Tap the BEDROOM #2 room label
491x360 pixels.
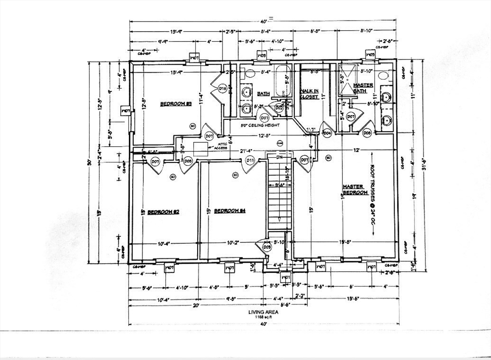tap(163, 212)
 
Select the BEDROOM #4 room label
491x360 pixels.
tap(230, 211)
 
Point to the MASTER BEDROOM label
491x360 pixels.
tap(355, 189)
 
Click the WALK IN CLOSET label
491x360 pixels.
tap(309, 93)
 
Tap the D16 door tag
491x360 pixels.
tap(222, 89)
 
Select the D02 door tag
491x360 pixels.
tap(279, 108)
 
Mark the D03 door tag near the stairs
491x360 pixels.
tap(267, 247)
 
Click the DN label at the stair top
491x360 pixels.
tap(279, 157)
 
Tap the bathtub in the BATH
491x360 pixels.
tap(281, 81)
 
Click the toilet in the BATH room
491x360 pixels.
tap(249, 73)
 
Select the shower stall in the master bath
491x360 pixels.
tap(349, 80)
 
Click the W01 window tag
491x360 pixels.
tap(285, 278)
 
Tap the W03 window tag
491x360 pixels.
tap(262, 56)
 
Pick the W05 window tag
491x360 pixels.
tap(370, 56)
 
